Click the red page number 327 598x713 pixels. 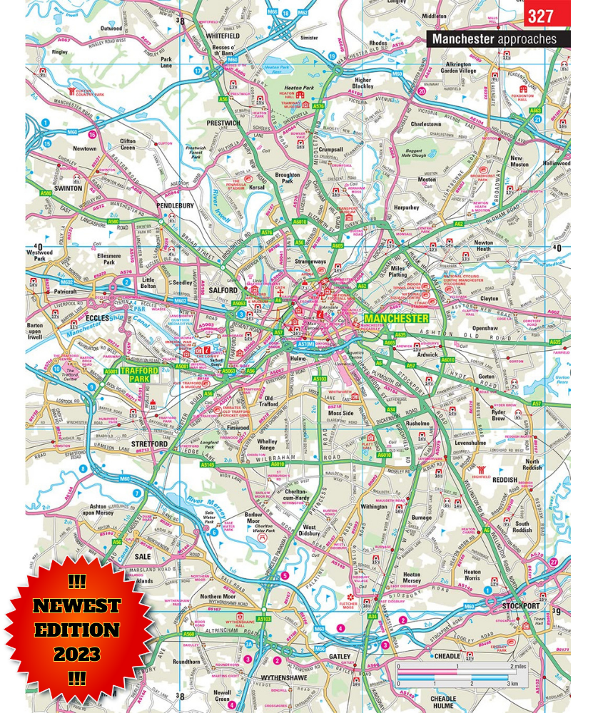pos(547,15)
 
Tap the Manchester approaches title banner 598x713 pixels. pos(499,39)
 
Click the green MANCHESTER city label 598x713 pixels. pos(396,318)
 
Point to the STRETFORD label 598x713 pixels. pos(149,443)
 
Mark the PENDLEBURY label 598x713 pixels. pos(175,205)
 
